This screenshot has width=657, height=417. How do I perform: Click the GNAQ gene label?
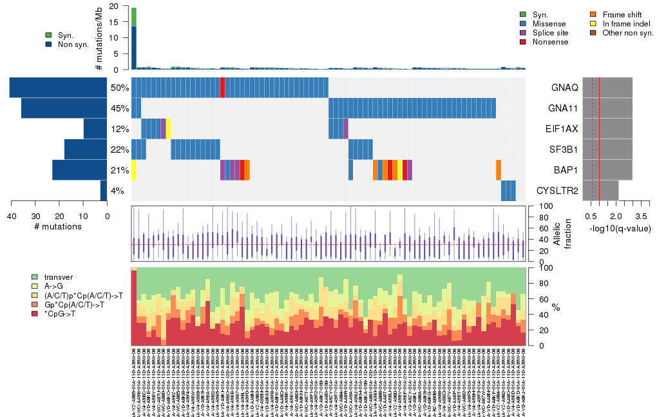(x=564, y=87)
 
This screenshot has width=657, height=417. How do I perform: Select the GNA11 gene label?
(x=563, y=108)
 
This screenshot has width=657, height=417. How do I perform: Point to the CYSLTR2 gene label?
(x=557, y=191)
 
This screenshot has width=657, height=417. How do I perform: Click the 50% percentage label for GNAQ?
(x=120, y=87)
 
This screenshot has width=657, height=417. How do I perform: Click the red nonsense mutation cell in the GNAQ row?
(x=222, y=87)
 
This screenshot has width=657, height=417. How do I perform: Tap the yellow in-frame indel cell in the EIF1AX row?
(x=168, y=128)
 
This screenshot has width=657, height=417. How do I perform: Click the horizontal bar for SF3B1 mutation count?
(x=86, y=149)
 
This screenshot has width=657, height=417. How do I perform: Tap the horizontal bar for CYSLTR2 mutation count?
(x=103, y=191)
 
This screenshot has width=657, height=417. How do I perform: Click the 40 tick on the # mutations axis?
(x=11, y=215)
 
